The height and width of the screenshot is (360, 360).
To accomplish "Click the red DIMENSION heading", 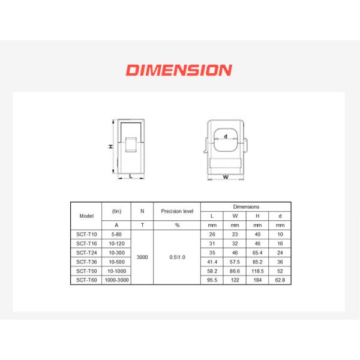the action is (179, 70).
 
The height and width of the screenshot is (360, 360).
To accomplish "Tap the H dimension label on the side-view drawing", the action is (110, 146).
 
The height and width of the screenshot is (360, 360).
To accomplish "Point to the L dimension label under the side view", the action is (131, 176).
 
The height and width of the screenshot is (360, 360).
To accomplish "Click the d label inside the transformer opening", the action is (226, 136).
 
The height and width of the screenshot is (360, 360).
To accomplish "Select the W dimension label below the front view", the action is (226, 177).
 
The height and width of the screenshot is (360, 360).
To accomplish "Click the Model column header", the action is (86, 216).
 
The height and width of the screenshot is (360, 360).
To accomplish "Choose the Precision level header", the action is (177, 211).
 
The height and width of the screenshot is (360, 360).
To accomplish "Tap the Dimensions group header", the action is (246, 207).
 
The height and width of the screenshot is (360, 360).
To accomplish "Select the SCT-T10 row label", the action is (86, 235).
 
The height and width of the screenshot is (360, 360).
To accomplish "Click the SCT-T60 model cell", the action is (86, 280).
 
